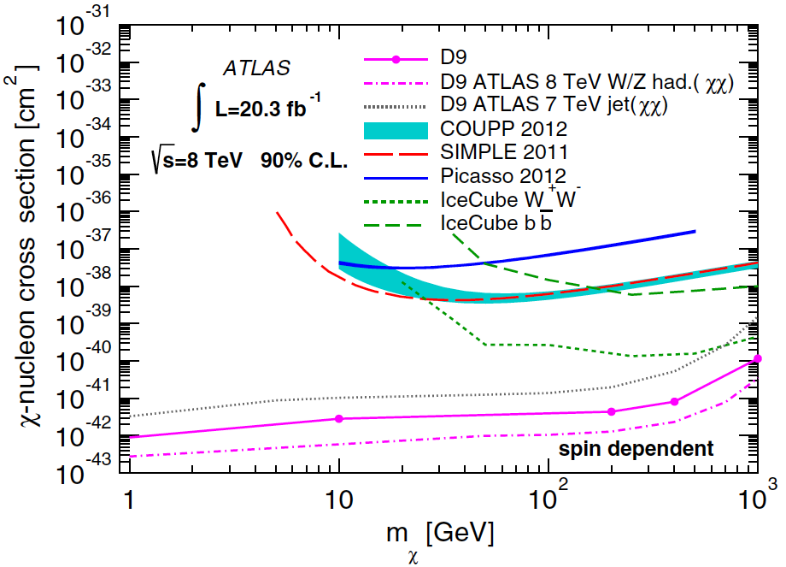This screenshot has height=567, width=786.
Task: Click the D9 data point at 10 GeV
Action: click(339, 418)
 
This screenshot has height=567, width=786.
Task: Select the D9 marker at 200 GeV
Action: click(611, 411)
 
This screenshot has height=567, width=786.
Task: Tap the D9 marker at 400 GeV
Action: click(674, 401)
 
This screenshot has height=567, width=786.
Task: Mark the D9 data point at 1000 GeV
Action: click(757, 358)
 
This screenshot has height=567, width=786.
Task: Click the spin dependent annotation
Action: click(636, 448)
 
